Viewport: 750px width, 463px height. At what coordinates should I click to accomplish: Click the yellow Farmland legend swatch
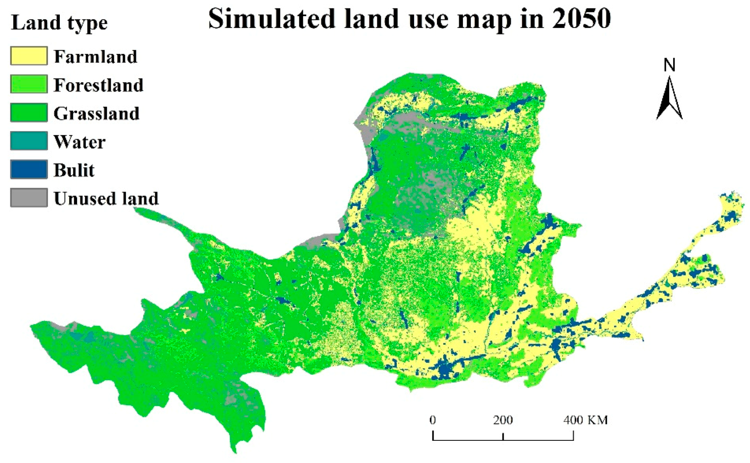coord(28,56)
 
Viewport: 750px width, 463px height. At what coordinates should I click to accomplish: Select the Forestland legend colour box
coord(28,85)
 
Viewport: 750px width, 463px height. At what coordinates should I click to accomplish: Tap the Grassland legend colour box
coord(28,113)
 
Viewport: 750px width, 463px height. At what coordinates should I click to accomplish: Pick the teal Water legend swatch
coord(28,141)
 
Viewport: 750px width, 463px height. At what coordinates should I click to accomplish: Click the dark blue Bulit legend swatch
coord(28,169)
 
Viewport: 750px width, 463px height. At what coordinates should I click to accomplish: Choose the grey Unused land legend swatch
coord(28,198)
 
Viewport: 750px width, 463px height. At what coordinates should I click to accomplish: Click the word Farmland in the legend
coord(95,56)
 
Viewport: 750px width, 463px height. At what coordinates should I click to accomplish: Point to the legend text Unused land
coord(106,198)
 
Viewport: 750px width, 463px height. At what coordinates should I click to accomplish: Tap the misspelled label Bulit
coord(74,170)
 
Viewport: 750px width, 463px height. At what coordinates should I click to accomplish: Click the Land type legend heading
coord(59,22)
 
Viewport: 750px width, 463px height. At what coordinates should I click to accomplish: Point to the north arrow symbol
coord(669,99)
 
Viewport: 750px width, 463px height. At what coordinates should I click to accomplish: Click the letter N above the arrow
coord(670,65)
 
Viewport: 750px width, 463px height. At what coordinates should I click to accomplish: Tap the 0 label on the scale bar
coord(432,420)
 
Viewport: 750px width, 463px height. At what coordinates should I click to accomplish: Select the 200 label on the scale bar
coord(503,420)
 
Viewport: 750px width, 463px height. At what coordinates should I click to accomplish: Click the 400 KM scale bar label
coord(585,420)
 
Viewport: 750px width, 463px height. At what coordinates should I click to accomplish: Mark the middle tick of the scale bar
coord(503,436)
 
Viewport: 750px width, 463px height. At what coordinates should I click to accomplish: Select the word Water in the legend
coord(80,142)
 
